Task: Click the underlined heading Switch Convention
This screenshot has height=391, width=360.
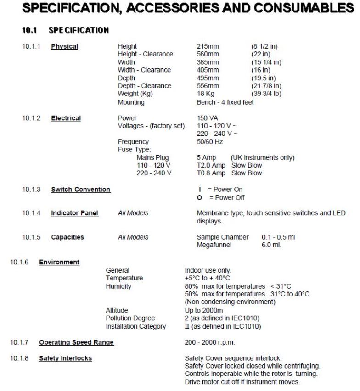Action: click(x=80, y=190)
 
